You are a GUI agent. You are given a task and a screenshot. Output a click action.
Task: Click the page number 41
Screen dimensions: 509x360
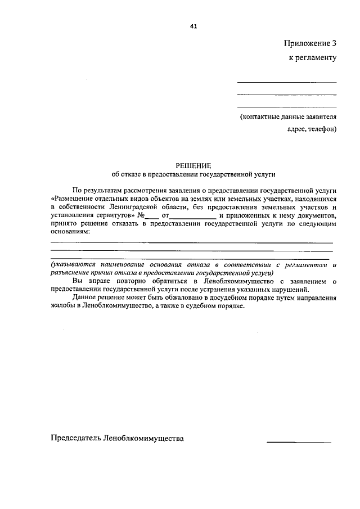(193, 25)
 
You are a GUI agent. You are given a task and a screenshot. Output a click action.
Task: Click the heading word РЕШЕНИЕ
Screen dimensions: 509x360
(193, 165)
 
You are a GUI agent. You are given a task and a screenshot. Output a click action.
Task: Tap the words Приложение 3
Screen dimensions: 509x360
(310, 43)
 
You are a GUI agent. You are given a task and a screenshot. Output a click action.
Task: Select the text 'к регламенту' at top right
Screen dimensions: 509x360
(313, 58)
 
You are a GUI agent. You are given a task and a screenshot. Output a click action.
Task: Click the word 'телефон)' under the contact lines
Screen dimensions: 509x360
(322, 129)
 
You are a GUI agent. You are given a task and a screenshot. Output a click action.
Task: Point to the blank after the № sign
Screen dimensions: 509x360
(151, 217)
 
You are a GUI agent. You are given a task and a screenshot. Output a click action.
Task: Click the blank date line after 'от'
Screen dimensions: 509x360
(193, 217)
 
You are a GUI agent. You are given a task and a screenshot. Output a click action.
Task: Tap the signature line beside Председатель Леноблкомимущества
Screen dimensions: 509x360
(299, 442)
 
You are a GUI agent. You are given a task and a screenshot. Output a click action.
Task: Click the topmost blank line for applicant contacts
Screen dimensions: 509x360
(287, 83)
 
